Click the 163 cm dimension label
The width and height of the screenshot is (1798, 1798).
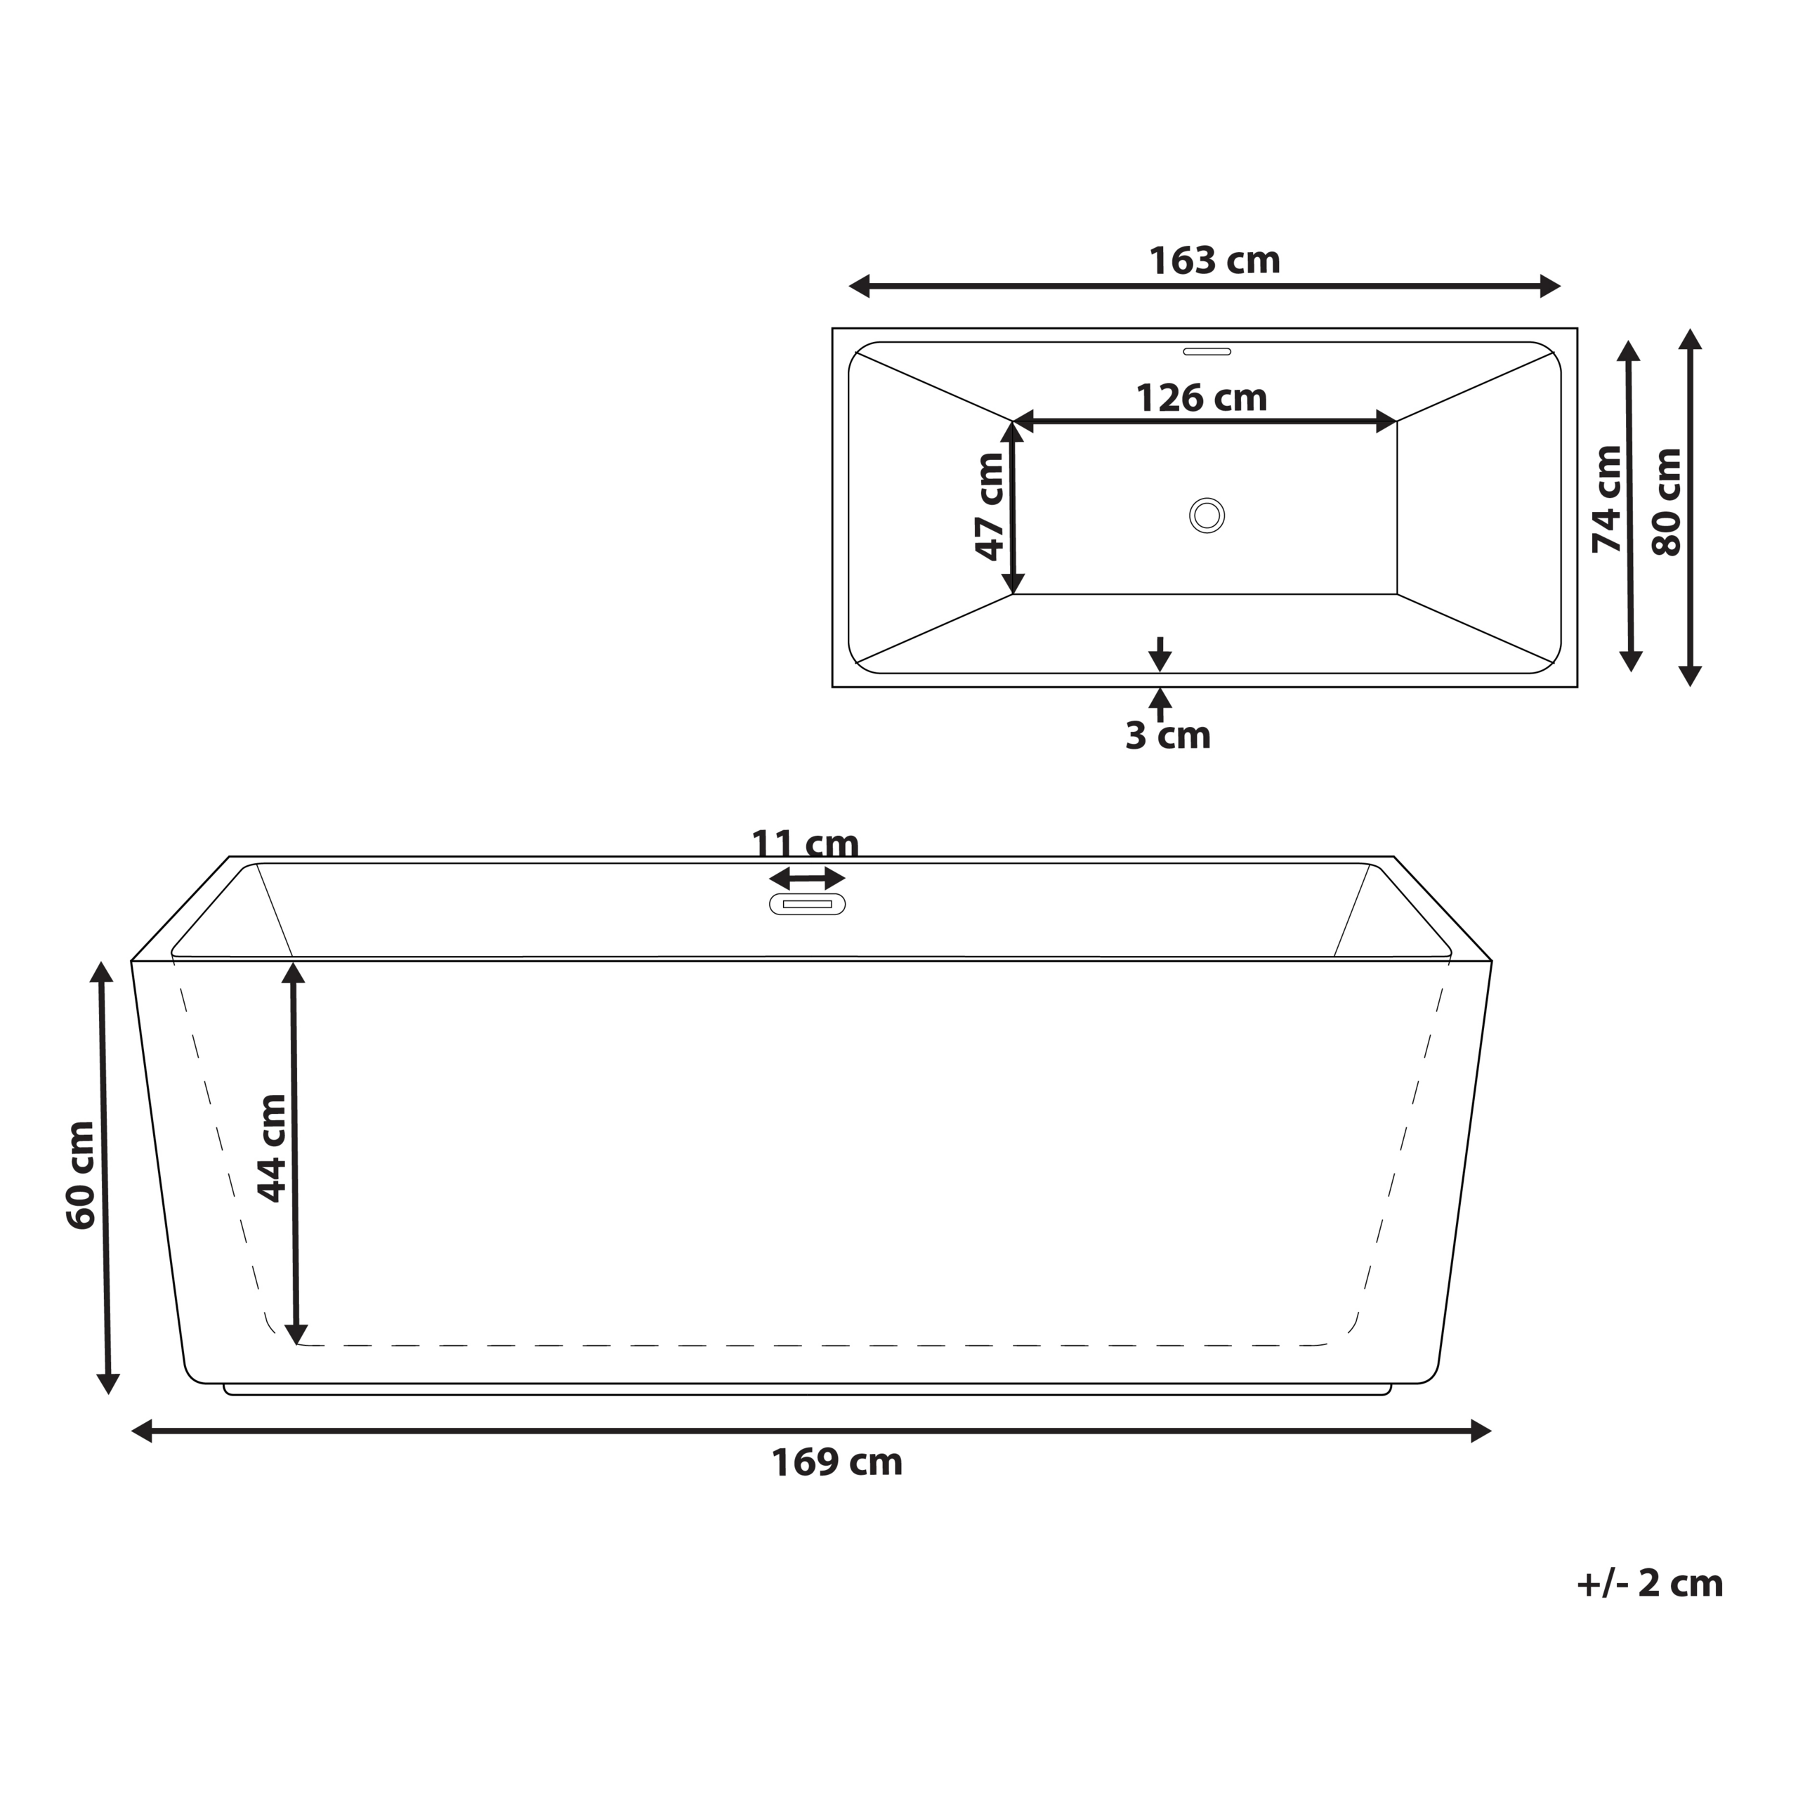1214,261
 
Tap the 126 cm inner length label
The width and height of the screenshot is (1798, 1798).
1202,398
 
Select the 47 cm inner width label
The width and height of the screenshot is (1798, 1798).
990,507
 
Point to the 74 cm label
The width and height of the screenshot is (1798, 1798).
1607,500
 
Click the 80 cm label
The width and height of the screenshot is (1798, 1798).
1667,503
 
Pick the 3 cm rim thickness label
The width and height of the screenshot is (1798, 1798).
1168,736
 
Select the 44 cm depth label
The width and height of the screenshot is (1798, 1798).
272,1148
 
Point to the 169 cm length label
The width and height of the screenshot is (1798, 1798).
836,1463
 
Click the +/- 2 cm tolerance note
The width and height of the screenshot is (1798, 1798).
1650,1584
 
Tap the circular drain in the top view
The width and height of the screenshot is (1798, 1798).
1207,516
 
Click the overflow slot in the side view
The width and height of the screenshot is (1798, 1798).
807,904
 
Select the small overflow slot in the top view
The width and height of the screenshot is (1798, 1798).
1207,352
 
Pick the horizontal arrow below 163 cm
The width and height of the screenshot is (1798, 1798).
1205,287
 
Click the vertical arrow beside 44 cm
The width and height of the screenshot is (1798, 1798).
295,1154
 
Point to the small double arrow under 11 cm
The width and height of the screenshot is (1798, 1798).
807,878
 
